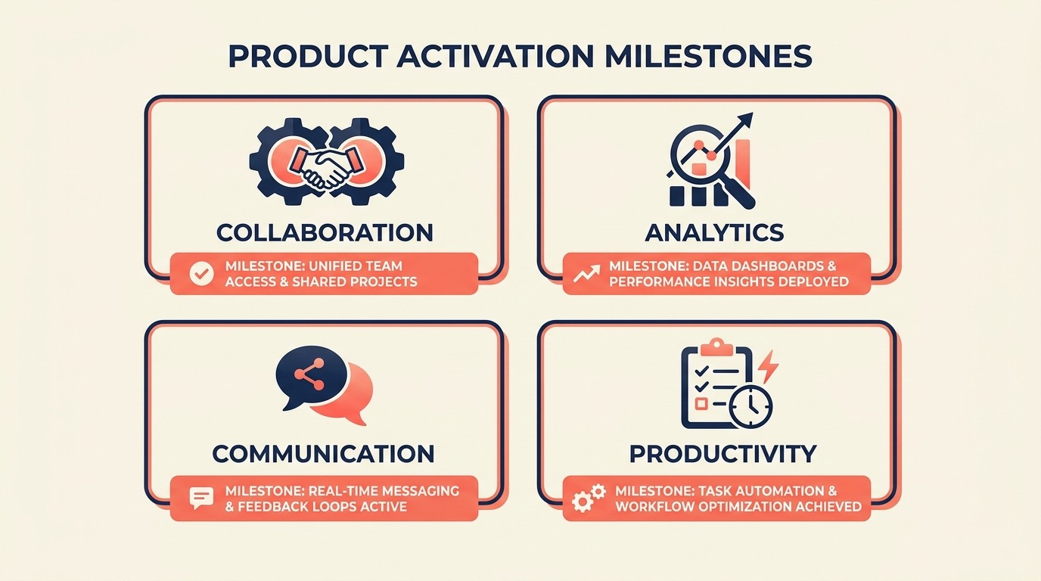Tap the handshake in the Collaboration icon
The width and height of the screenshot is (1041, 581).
click(326, 167)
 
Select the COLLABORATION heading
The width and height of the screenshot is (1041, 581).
click(325, 232)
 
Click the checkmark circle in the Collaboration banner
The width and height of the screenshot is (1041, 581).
click(200, 273)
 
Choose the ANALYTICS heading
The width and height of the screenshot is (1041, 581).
click(714, 232)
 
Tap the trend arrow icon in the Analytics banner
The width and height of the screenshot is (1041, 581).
click(587, 273)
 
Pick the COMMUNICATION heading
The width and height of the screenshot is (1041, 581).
click(323, 453)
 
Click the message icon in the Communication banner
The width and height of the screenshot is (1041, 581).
click(200, 498)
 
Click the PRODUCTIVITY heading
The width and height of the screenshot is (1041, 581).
click(722, 453)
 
